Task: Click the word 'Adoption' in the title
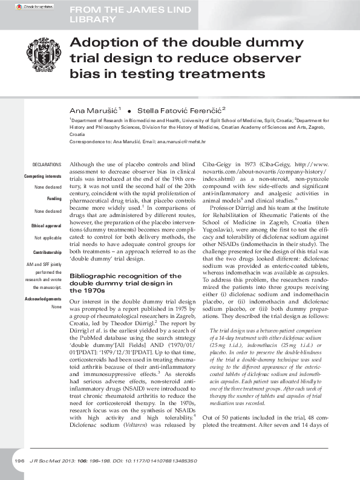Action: tap(100, 44)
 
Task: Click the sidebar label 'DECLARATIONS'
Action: tap(47, 164)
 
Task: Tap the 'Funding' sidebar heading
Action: tap(54, 199)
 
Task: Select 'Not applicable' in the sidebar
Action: tap(48, 238)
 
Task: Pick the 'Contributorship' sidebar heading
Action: tap(47, 251)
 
